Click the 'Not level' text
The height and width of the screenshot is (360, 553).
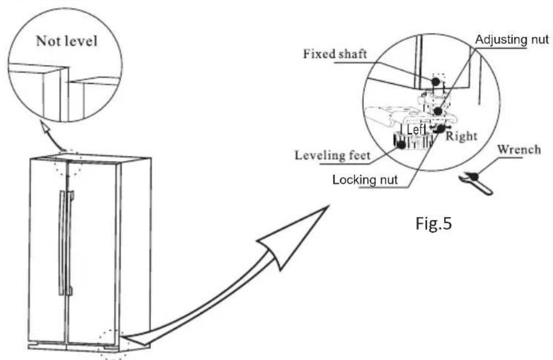coord(66,41)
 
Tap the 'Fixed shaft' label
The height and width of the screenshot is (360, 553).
coord(335,54)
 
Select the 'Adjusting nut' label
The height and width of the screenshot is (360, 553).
coord(512,40)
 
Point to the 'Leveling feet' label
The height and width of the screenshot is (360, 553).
coord(332,155)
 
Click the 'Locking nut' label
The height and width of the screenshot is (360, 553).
coord(365,180)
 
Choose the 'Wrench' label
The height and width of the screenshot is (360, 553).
coord(519,150)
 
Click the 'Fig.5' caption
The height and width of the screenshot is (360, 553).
coord(433,223)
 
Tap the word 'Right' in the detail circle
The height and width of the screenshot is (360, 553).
coord(461,136)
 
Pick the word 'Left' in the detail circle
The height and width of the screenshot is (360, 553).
coord(416,129)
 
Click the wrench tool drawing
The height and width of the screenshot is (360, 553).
coord(476,183)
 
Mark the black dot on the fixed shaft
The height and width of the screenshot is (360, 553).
coord(436,81)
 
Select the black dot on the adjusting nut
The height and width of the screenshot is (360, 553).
coord(438,111)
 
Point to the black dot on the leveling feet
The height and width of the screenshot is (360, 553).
coord(401,144)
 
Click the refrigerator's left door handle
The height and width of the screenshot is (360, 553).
coord(62,243)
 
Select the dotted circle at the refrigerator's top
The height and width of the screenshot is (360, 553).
coord(68,163)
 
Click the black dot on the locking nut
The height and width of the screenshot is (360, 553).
coord(441,129)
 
